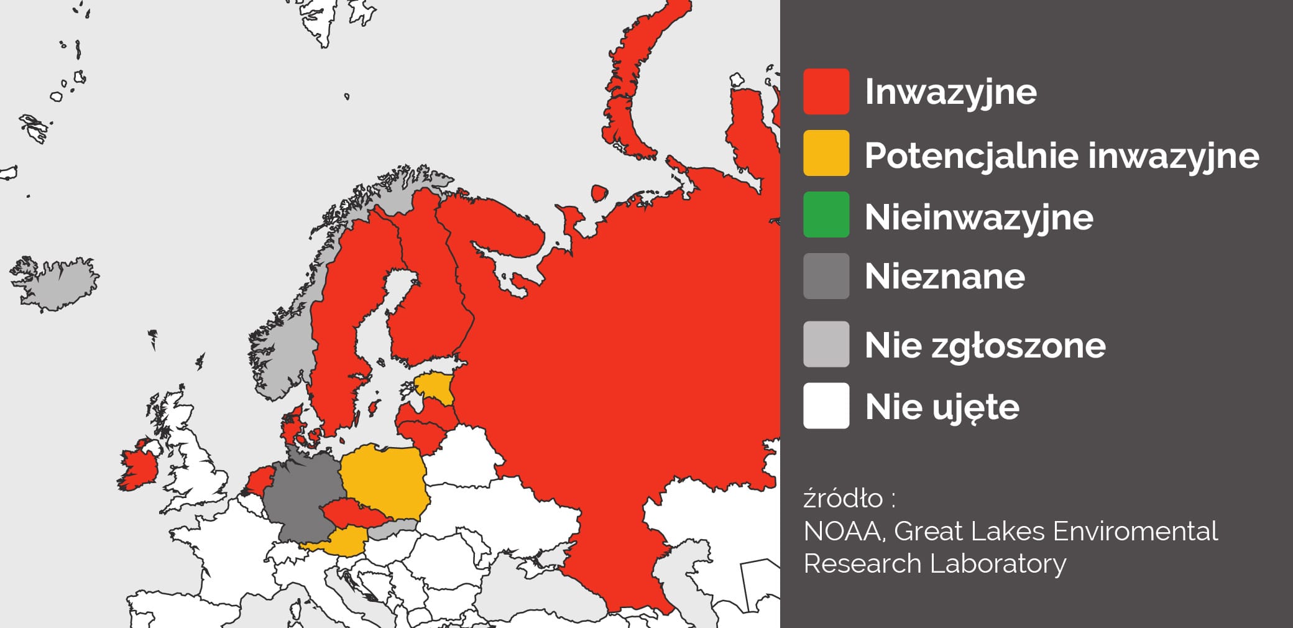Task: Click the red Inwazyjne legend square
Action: [826, 91]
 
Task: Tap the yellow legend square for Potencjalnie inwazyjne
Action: [826, 153]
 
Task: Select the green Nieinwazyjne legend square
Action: [826, 215]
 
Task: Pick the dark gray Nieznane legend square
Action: [826, 276]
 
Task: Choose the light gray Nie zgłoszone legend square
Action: [826, 344]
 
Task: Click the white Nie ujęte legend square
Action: [826, 406]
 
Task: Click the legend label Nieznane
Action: [944, 276]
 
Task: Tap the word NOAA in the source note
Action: [845, 532]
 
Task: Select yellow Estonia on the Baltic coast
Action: [435, 386]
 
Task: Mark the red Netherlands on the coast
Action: [260, 481]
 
